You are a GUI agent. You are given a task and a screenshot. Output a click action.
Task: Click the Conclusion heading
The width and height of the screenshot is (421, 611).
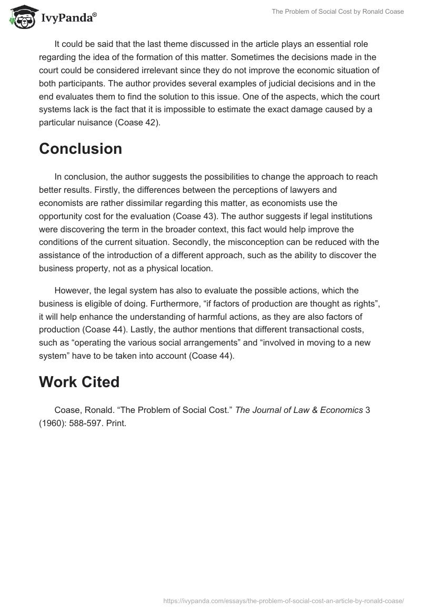[81, 149]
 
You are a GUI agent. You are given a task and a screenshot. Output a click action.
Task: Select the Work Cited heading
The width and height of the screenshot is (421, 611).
[79, 382]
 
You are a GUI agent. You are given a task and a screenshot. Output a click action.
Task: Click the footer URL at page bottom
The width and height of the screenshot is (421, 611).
[283, 600]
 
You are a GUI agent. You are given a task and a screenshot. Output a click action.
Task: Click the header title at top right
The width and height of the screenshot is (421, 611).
[338, 12]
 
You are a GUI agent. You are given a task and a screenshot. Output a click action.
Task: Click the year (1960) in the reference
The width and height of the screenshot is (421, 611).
[54, 423]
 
